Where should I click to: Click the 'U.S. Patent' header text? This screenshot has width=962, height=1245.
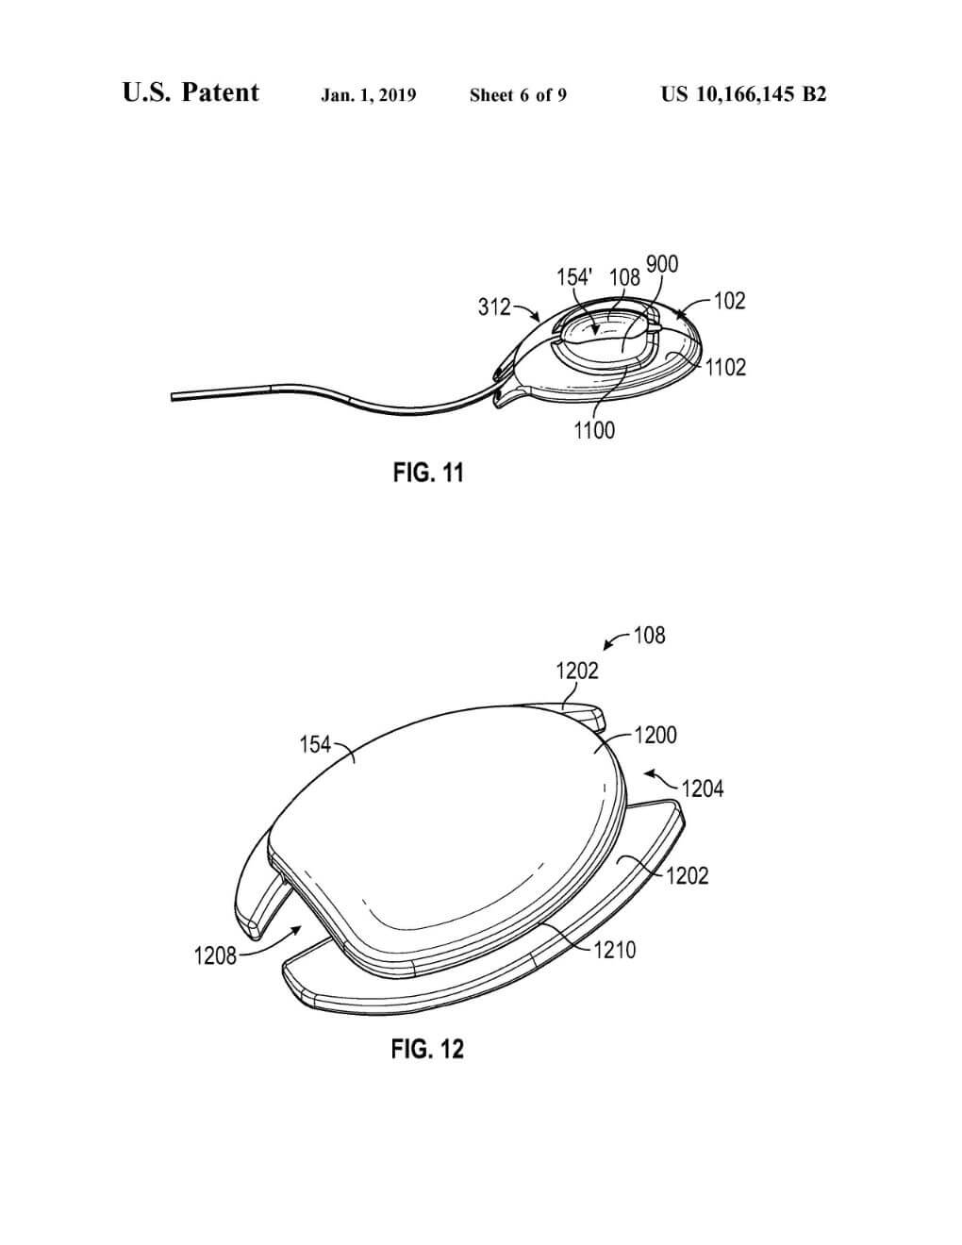click(x=191, y=92)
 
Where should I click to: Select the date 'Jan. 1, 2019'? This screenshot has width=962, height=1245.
click(x=369, y=94)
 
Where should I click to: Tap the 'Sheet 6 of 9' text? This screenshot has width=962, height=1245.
click(x=518, y=94)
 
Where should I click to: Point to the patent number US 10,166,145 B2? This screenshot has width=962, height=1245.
click(x=743, y=94)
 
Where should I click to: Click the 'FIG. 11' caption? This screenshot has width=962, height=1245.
click(x=428, y=473)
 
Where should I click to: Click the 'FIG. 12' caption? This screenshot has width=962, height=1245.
click(x=427, y=1048)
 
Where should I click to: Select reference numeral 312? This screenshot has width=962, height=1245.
click(x=494, y=307)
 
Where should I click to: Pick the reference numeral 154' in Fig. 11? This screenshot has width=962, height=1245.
click(x=575, y=277)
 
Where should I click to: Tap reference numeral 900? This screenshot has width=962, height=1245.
click(x=662, y=264)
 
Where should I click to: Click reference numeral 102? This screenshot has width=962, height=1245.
click(x=729, y=301)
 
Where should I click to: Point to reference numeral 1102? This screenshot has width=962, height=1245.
click(x=725, y=367)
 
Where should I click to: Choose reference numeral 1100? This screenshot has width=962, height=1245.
click(x=594, y=430)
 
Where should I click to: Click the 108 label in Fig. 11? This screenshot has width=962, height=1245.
click(x=624, y=277)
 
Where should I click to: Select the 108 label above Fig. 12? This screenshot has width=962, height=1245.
click(x=649, y=635)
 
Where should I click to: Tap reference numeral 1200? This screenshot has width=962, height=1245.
click(x=655, y=735)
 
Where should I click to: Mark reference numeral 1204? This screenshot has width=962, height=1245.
click(x=703, y=788)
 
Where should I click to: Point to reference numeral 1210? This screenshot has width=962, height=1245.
click(x=615, y=950)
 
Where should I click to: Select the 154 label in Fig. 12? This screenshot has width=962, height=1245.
click(x=315, y=745)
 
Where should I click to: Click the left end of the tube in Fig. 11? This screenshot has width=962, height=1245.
click(x=173, y=398)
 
